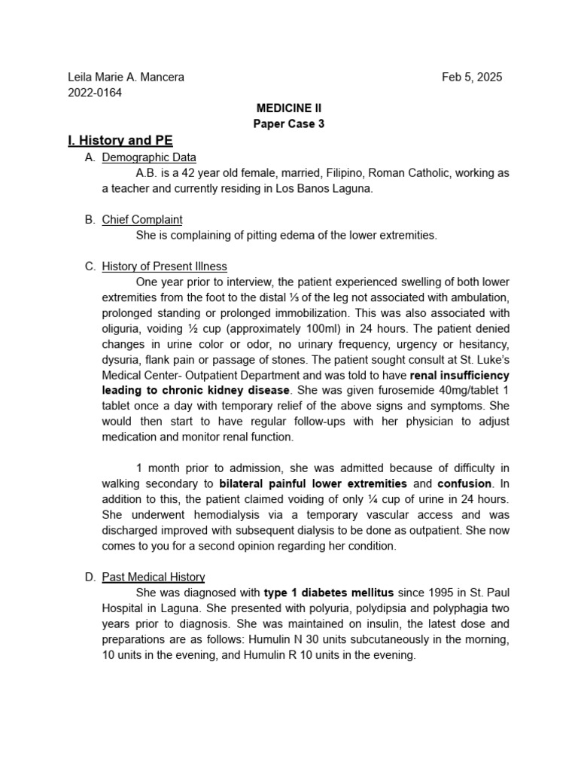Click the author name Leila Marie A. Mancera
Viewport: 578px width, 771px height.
tap(126, 77)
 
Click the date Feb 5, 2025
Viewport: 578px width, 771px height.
tap(472, 77)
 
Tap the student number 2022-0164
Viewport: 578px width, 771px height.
tap(95, 93)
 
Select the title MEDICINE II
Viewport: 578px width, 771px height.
tap(289, 108)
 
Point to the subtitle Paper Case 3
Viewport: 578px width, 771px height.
tap(289, 124)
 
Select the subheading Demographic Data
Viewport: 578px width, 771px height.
tap(149, 157)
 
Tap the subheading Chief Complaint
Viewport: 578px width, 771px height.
tap(142, 220)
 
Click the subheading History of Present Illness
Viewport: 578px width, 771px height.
tap(164, 267)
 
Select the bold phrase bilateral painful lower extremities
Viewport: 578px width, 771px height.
tap(313, 483)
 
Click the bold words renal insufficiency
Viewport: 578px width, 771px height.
tap(459, 375)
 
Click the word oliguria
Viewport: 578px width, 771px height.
tap(125, 329)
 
